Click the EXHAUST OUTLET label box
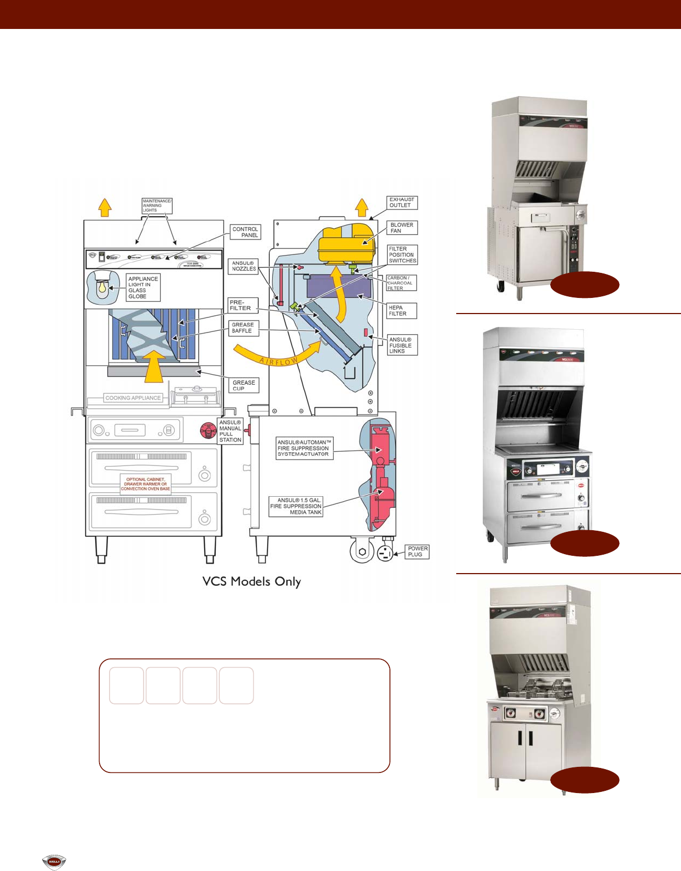click(402, 202)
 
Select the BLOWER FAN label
click(402, 228)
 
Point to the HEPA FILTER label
click(401, 311)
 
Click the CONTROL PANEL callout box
click(245, 232)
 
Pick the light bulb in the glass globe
click(102, 287)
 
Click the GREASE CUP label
click(244, 385)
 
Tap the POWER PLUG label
click(417, 551)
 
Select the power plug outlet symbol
click(384, 554)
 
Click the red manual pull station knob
click(208, 430)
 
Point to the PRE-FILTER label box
click(243, 305)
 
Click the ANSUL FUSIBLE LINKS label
click(402, 345)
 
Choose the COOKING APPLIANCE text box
click(134, 398)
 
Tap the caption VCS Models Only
click(251, 581)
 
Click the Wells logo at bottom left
click(54, 862)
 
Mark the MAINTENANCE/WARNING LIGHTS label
click(157, 205)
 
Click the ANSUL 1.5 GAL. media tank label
click(296, 506)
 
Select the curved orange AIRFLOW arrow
click(278, 356)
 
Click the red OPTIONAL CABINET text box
click(146, 484)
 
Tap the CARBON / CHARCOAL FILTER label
click(401, 283)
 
